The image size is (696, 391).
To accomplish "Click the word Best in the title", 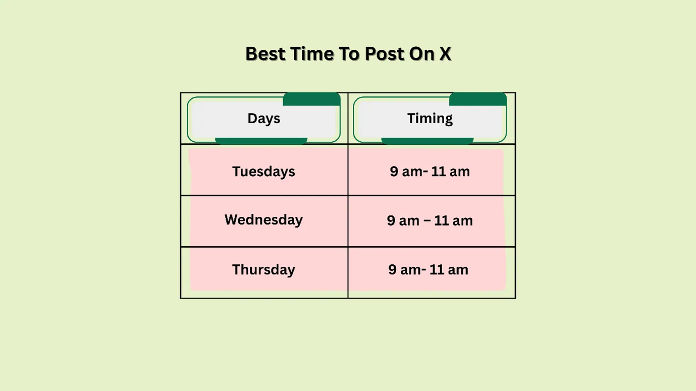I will click(x=265, y=54).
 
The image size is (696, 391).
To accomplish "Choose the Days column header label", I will click(x=263, y=119).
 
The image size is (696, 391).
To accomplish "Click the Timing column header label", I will click(x=430, y=119).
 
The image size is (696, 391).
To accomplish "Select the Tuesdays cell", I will click(x=263, y=172).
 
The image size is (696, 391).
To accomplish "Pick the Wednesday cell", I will click(x=263, y=220).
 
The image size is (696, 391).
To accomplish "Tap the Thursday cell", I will click(x=263, y=269).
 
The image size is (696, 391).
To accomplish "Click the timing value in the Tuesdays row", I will click(x=430, y=172).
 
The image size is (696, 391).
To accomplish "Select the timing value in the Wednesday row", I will click(x=430, y=220).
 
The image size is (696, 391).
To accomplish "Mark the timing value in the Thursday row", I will click(x=428, y=269).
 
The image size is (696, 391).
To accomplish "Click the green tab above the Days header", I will click(x=311, y=99).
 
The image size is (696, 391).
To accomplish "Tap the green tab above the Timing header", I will click(x=477, y=99).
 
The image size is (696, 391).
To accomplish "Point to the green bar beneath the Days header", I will click(x=261, y=141).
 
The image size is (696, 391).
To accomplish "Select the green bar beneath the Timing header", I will click(x=427, y=141).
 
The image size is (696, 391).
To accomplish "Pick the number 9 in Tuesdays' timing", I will click(x=394, y=172).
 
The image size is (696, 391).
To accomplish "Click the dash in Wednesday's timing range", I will click(x=430, y=221).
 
